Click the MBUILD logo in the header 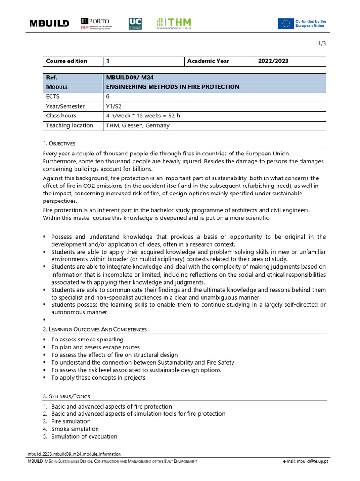click(x=49, y=23)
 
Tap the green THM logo click(x=174, y=23)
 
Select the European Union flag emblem click(x=285, y=23)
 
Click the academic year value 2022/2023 click(x=273, y=61)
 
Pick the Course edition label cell click(x=67, y=61)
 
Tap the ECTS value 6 click(x=108, y=97)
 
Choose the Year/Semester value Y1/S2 click(x=114, y=106)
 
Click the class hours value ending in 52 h click(x=143, y=116)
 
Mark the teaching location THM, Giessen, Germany click(x=138, y=125)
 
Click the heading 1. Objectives click(x=59, y=143)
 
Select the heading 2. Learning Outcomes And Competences click(x=95, y=329)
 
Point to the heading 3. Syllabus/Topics click(x=66, y=396)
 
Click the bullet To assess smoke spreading click(x=87, y=340)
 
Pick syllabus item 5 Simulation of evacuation click(x=84, y=436)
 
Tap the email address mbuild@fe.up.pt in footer click(x=305, y=462)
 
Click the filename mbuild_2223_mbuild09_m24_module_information click(x=74, y=454)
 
